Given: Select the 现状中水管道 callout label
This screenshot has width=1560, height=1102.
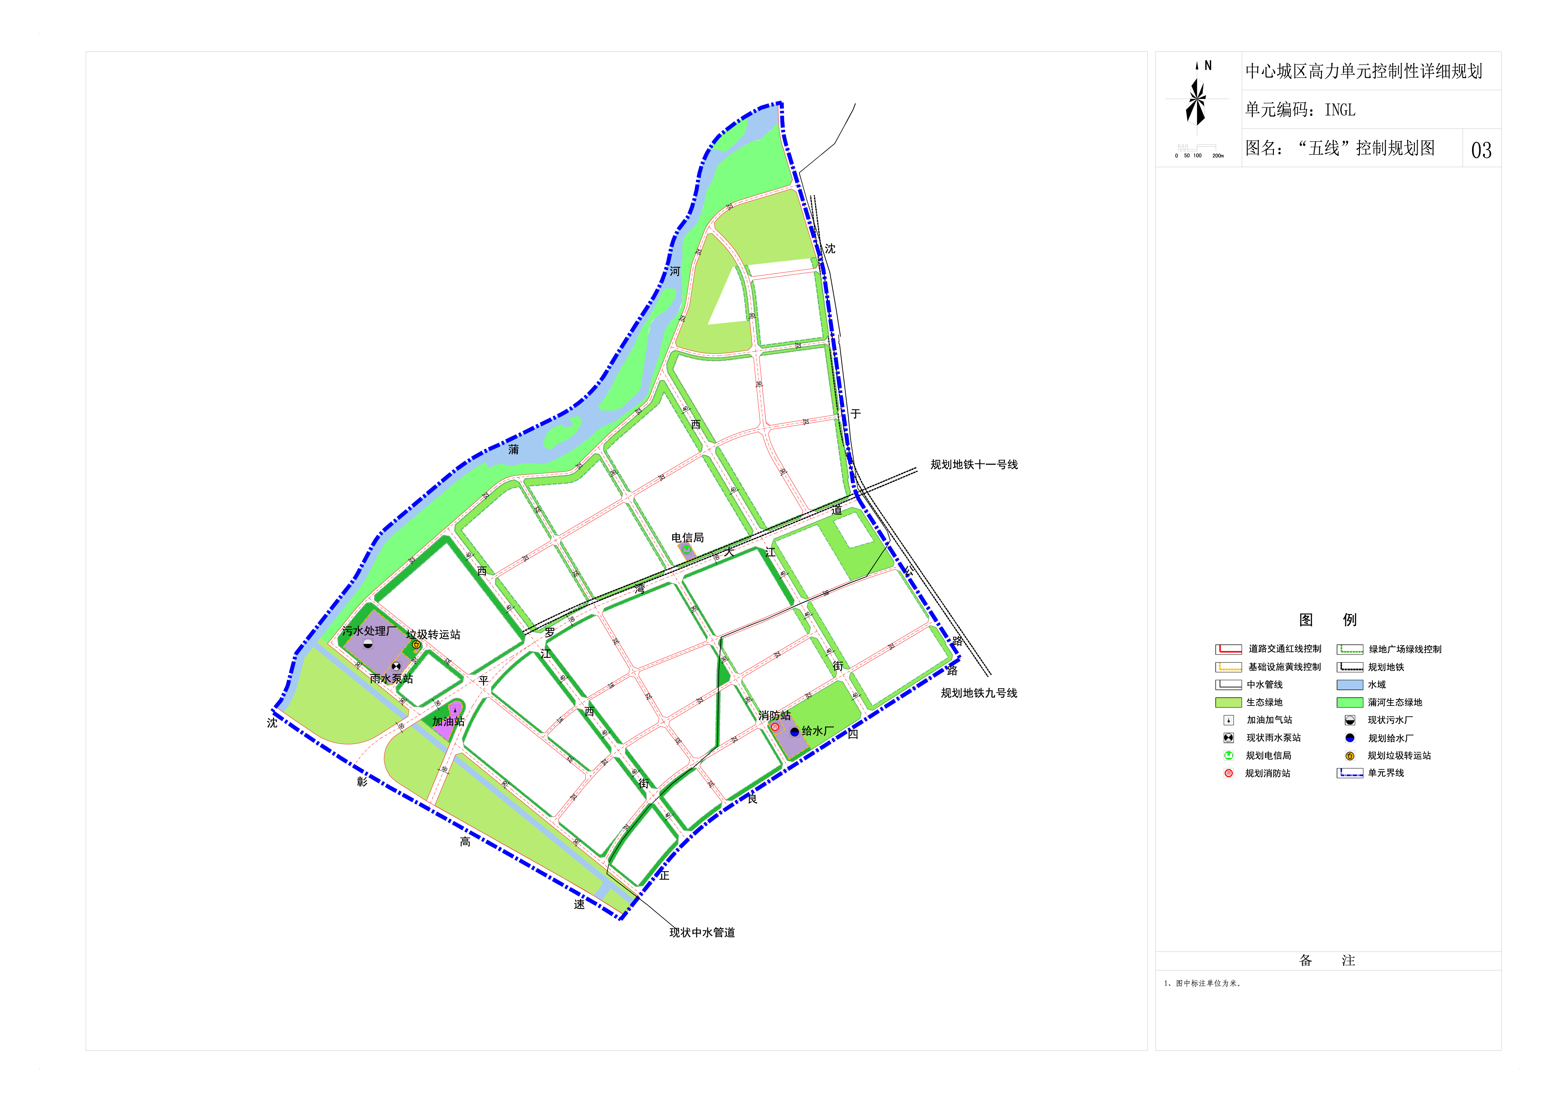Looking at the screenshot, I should pos(702,933).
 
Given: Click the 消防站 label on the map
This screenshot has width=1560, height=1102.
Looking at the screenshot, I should pos(775,715).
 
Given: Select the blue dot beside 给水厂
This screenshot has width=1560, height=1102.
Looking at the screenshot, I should pos(794,732).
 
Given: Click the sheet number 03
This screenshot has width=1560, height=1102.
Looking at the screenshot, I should pos(1481,150).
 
